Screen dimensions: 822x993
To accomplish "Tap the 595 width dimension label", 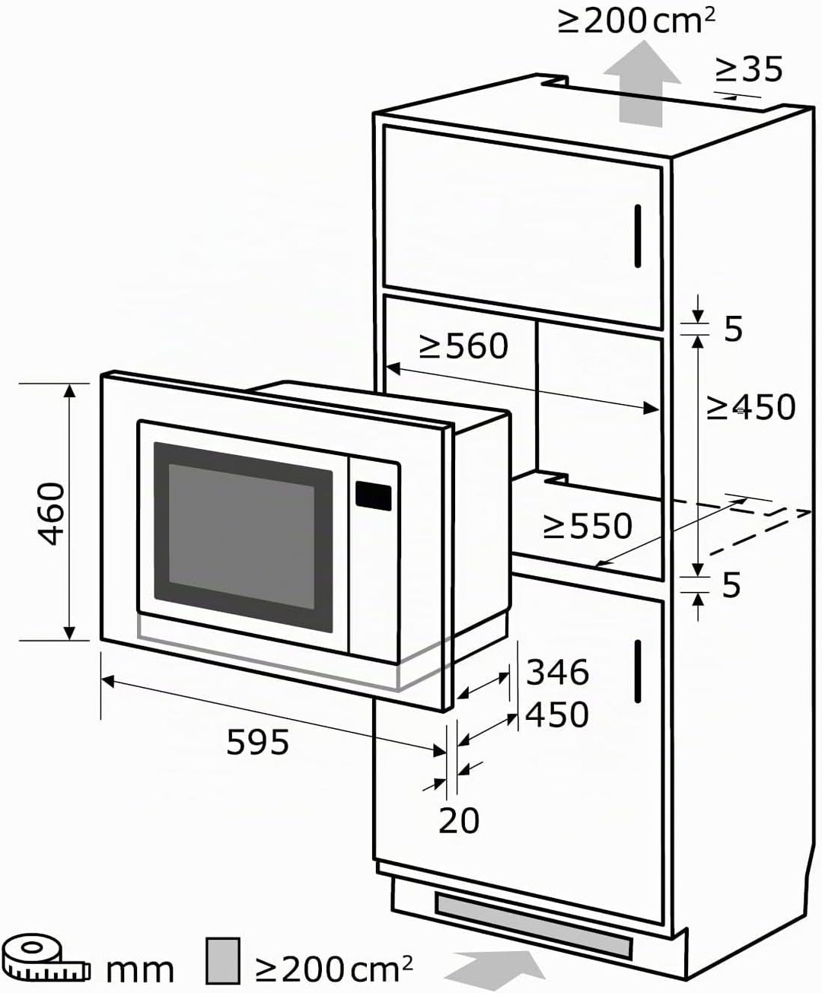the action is (x=257, y=742).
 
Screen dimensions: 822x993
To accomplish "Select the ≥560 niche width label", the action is (x=464, y=346).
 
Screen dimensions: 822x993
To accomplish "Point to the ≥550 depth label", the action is (x=588, y=526).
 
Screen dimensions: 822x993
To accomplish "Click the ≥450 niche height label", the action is (x=751, y=407).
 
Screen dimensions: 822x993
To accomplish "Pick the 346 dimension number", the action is (x=557, y=672).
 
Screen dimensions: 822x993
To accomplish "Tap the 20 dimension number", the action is (x=458, y=820).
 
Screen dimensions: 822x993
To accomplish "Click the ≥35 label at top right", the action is (x=749, y=69).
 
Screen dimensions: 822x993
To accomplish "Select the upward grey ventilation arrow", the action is (x=642, y=83).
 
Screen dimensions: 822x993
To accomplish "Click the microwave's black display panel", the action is (x=374, y=496).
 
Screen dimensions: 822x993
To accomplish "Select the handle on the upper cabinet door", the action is (x=638, y=236).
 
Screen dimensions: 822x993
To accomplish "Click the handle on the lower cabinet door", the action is (x=638, y=671).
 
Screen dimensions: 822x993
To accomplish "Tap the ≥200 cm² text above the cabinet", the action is (x=636, y=21).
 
